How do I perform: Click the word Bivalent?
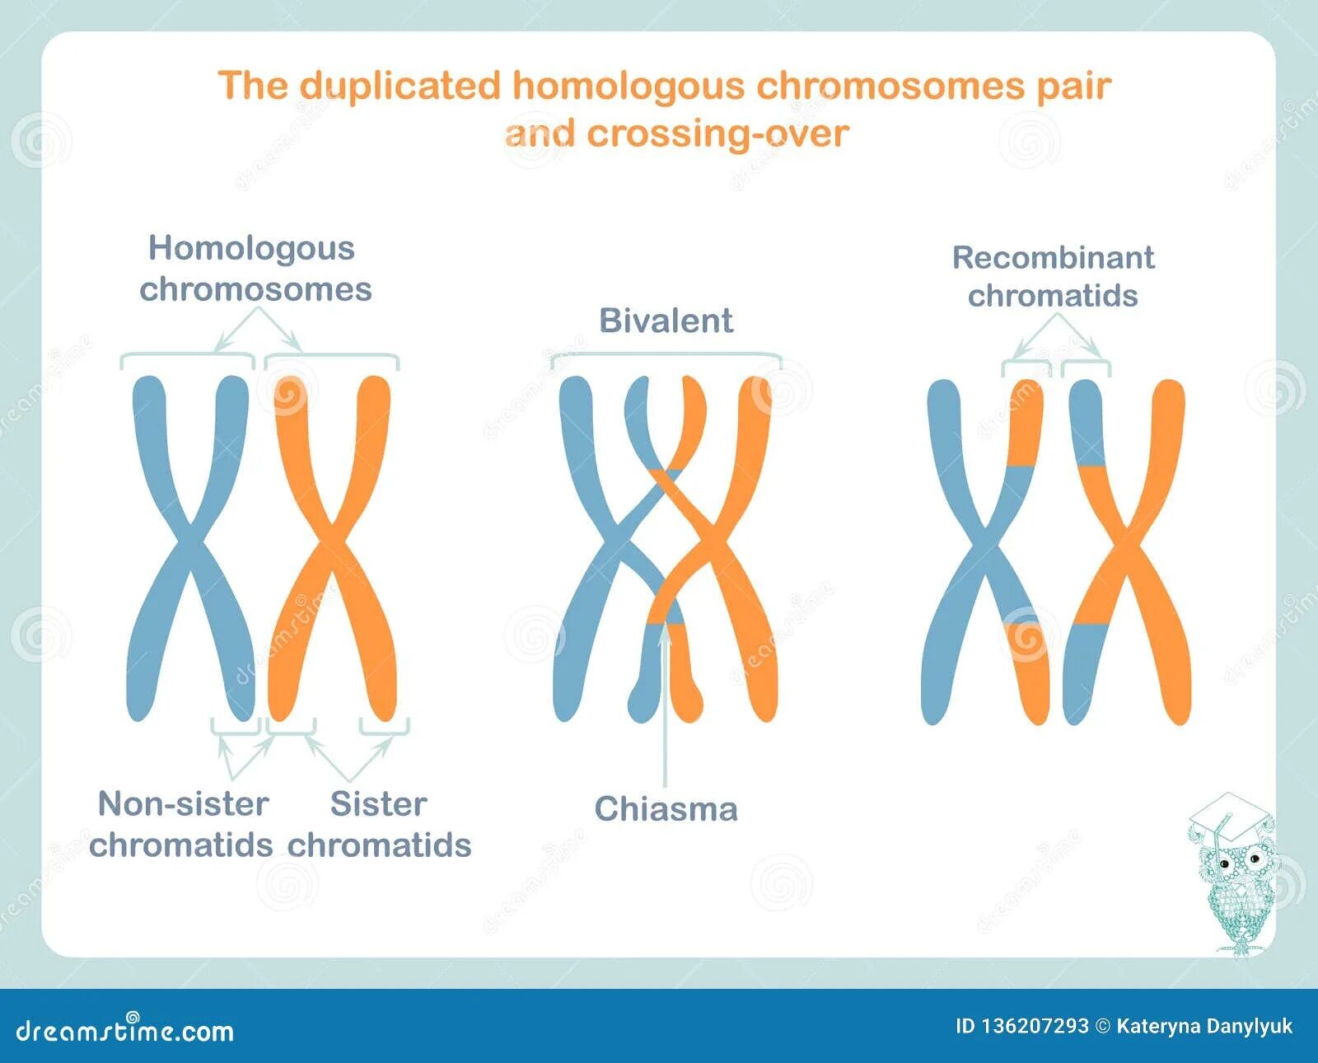click(x=666, y=321)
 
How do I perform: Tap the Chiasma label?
click(x=666, y=808)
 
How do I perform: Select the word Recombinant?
click(x=1053, y=258)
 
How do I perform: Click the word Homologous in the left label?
click(x=251, y=248)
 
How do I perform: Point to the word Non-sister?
click(x=183, y=803)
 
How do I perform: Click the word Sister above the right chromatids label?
click(x=378, y=803)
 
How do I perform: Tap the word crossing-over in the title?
click(x=717, y=133)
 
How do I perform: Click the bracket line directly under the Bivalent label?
click(x=666, y=354)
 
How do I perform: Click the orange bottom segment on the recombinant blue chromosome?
click(x=1030, y=672)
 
